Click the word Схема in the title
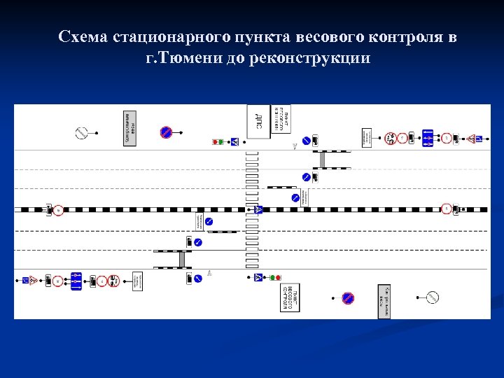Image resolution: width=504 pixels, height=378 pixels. click(x=83, y=37)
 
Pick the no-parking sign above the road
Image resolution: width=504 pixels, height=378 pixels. click(x=166, y=132)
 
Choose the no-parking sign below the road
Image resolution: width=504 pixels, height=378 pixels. click(x=348, y=298)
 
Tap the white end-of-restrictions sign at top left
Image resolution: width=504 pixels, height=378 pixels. click(x=81, y=132)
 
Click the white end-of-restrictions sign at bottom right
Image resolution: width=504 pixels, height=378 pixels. click(x=433, y=297)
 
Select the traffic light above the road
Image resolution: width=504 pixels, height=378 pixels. click(x=218, y=142)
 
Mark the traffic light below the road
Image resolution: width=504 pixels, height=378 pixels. click(x=274, y=278)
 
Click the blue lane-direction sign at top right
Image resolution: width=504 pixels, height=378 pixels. click(x=428, y=138)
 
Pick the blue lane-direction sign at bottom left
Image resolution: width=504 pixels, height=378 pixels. click(x=76, y=281)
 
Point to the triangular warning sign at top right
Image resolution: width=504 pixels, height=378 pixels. click(x=473, y=139)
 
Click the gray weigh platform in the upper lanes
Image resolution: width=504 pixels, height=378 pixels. click(x=323, y=160)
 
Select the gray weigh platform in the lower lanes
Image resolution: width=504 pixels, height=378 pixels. click(x=182, y=259)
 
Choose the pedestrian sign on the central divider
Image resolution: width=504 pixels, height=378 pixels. click(x=258, y=209)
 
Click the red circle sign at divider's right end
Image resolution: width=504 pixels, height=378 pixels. click(x=446, y=209)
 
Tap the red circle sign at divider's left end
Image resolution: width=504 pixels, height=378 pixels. click(x=59, y=209)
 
